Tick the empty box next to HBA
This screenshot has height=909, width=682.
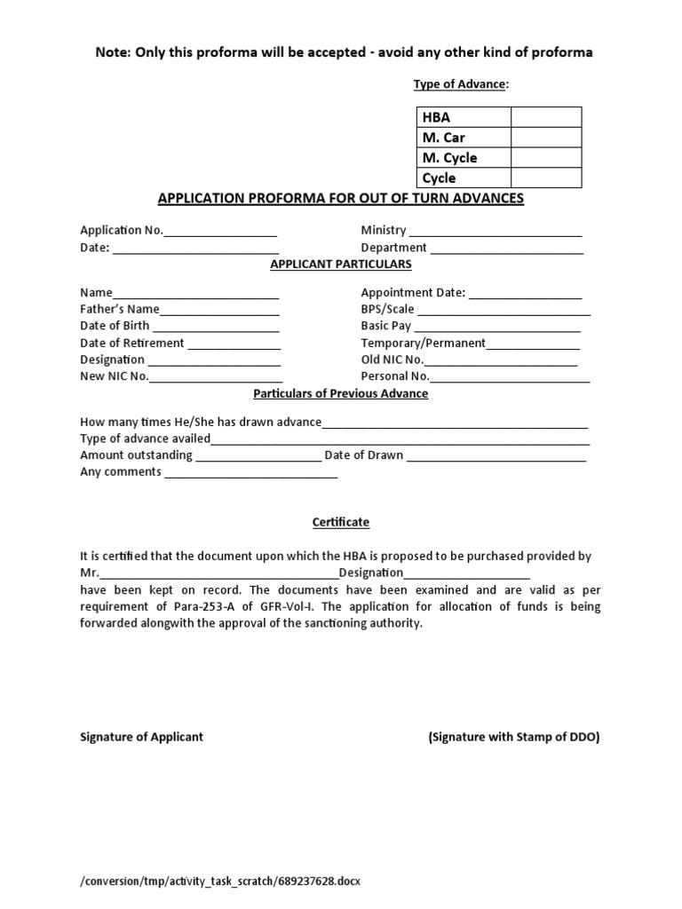click(x=545, y=117)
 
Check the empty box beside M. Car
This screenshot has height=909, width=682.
click(x=545, y=138)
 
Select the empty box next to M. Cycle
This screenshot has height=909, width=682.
click(x=545, y=158)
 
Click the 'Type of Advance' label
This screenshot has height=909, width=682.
click(x=461, y=84)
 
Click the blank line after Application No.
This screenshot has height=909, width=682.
click(x=220, y=233)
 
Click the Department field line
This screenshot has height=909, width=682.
click(x=506, y=251)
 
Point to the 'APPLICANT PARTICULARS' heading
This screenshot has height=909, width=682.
click(x=341, y=265)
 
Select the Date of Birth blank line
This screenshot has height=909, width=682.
click(x=217, y=329)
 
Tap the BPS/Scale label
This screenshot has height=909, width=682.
click(x=387, y=310)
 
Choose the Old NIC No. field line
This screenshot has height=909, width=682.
click(x=501, y=363)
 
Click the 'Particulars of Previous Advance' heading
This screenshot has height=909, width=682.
click(x=341, y=393)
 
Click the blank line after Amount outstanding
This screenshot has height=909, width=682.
click(x=258, y=459)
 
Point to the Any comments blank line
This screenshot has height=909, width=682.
click(x=251, y=476)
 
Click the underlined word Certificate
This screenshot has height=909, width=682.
click(x=341, y=523)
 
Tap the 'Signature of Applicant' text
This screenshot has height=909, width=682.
click(x=142, y=737)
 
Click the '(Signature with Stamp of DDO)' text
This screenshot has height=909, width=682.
click(x=513, y=737)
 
